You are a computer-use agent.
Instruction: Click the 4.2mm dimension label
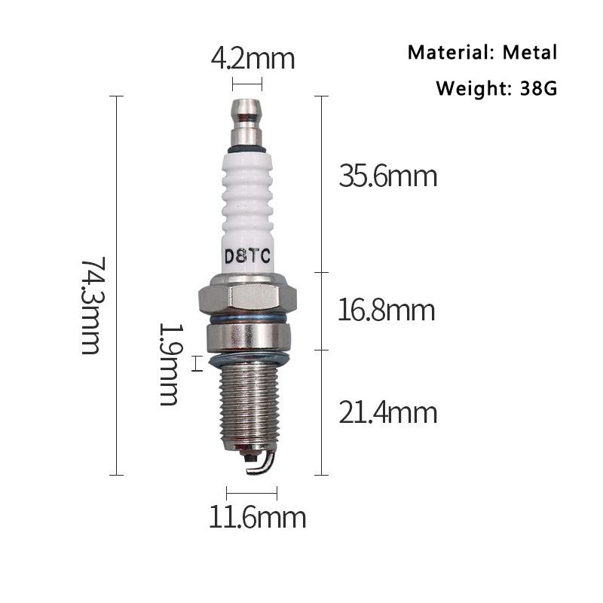[253, 59]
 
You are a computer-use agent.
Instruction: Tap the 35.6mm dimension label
[387, 177]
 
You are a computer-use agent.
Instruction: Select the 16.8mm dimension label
[387, 311]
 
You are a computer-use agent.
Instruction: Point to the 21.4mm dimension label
[387, 412]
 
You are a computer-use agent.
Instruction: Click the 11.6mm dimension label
[257, 518]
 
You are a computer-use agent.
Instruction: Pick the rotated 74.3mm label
[91, 306]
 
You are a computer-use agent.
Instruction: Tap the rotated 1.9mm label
[169, 364]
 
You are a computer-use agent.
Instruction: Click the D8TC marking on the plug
[247, 256]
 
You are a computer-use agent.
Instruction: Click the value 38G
[537, 88]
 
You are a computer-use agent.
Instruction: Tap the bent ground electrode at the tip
[259, 463]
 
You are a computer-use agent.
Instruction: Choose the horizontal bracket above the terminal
[247, 84]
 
